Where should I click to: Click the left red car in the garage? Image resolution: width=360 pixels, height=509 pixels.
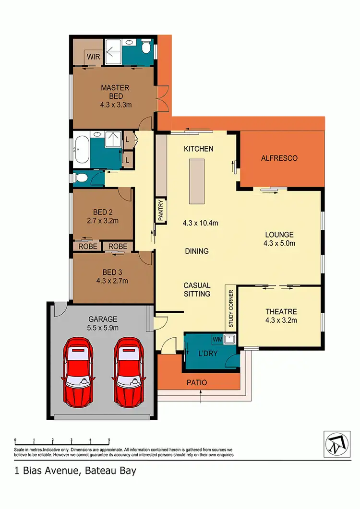pyautogui.click(x=78, y=370)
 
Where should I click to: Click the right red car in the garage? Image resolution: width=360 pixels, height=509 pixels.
pyautogui.click(x=129, y=370)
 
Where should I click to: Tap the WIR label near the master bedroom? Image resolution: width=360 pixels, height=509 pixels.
pyautogui.click(x=93, y=57)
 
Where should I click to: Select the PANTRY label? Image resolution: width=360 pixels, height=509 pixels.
pyautogui.click(x=161, y=211)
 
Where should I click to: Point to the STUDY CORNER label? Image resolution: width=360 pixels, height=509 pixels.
pyautogui.click(x=231, y=308)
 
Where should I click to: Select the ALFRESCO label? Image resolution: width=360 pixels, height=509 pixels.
pyautogui.click(x=279, y=158)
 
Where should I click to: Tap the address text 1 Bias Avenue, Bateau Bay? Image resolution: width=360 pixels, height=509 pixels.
pyautogui.click(x=75, y=471)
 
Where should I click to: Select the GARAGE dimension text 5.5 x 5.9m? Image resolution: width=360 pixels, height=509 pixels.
pyautogui.click(x=103, y=328)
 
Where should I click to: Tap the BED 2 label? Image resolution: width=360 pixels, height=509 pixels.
pyautogui.click(x=103, y=213)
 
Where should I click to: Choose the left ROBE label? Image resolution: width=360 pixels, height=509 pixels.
pyautogui.click(x=88, y=247)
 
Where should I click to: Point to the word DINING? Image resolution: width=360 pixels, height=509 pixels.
pyautogui.click(x=197, y=251)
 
